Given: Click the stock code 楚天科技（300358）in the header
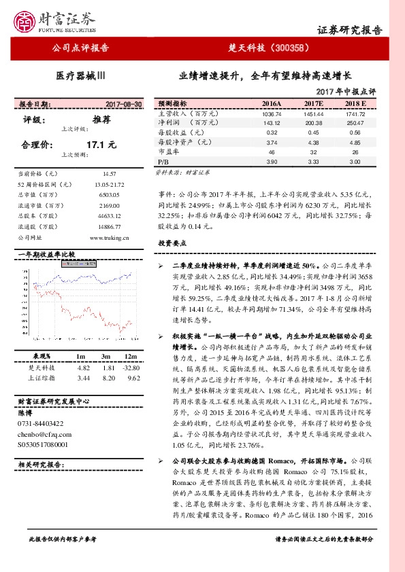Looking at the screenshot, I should click(270, 48).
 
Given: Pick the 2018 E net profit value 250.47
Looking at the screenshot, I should click(355, 123).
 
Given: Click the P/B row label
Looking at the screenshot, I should click(163, 163).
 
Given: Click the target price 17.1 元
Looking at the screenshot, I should click(101, 145).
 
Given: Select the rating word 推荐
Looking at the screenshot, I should click(101, 119).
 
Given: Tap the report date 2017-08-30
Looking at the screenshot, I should click(124, 104).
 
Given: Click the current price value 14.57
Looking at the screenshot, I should click(109, 174).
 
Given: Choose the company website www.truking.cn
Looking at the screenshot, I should click(109, 238).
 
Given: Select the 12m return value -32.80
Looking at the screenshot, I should click(131, 367).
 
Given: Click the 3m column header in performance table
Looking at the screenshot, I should click(106, 357).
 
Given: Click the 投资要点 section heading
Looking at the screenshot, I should click(172, 243).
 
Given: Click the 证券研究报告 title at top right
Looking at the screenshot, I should click(350, 30).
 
